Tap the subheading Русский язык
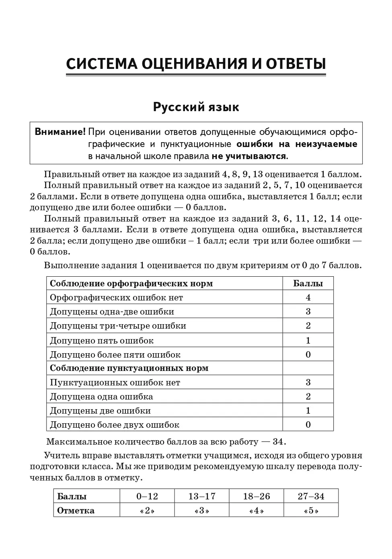point(196,107)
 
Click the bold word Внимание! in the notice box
point(60,132)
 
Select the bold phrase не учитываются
point(249,156)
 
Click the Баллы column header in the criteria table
point(308,284)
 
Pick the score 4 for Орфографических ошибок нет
point(308,298)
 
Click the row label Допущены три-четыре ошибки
point(118,326)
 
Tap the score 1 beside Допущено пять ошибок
point(308,340)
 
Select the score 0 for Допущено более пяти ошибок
point(308,354)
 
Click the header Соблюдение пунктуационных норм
point(129,368)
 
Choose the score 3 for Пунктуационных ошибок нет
point(308,382)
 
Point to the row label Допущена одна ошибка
point(101,397)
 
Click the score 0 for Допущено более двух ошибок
point(308,424)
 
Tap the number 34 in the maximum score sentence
point(278,442)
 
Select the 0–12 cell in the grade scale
point(147,496)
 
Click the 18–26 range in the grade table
point(257,496)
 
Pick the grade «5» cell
point(311,511)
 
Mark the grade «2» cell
point(147,511)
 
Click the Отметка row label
point(76,511)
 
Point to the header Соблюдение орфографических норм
point(131,284)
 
